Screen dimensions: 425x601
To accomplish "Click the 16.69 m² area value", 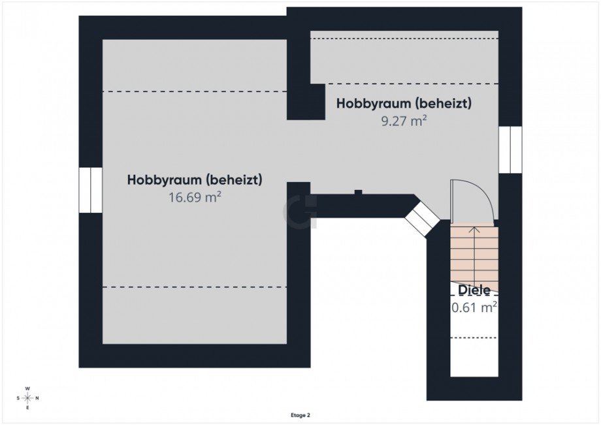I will click(x=195, y=197).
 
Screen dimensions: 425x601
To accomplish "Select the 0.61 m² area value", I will click(x=474, y=307).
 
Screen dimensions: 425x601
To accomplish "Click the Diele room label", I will click(x=474, y=290).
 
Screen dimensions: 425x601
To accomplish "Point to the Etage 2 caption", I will click(x=300, y=415).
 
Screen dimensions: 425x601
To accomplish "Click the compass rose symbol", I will click(x=27, y=398).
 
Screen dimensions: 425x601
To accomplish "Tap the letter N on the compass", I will click(x=37, y=398).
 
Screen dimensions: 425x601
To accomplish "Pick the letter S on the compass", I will click(x=18, y=398).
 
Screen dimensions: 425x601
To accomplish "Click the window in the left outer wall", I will click(x=91, y=190).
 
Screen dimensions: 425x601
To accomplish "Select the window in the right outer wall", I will click(x=510, y=150).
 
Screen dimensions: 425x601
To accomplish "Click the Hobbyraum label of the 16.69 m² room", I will click(x=195, y=180).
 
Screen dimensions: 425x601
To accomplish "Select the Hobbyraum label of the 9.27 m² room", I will click(x=404, y=103).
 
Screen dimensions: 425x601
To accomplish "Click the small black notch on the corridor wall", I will click(x=357, y=192).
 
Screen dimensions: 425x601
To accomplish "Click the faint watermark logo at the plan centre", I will click(x=299, y=212).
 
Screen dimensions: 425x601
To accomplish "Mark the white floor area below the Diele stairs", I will click(x=474, y=356).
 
